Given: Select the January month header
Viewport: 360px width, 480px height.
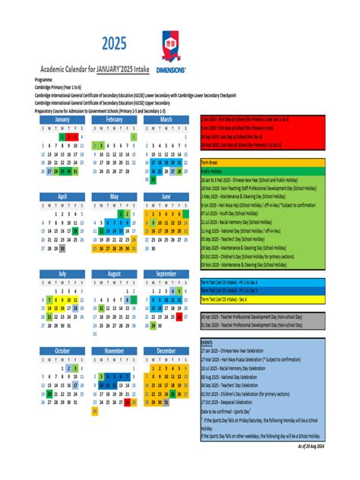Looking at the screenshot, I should point(62,119).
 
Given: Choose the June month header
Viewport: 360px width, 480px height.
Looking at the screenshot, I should point(166,196).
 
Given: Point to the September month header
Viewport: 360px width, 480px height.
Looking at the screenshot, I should point(166,273).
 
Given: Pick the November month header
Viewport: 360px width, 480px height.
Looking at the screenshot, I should point(115,351).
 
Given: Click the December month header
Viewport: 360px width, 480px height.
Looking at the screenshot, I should point(166,351).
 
